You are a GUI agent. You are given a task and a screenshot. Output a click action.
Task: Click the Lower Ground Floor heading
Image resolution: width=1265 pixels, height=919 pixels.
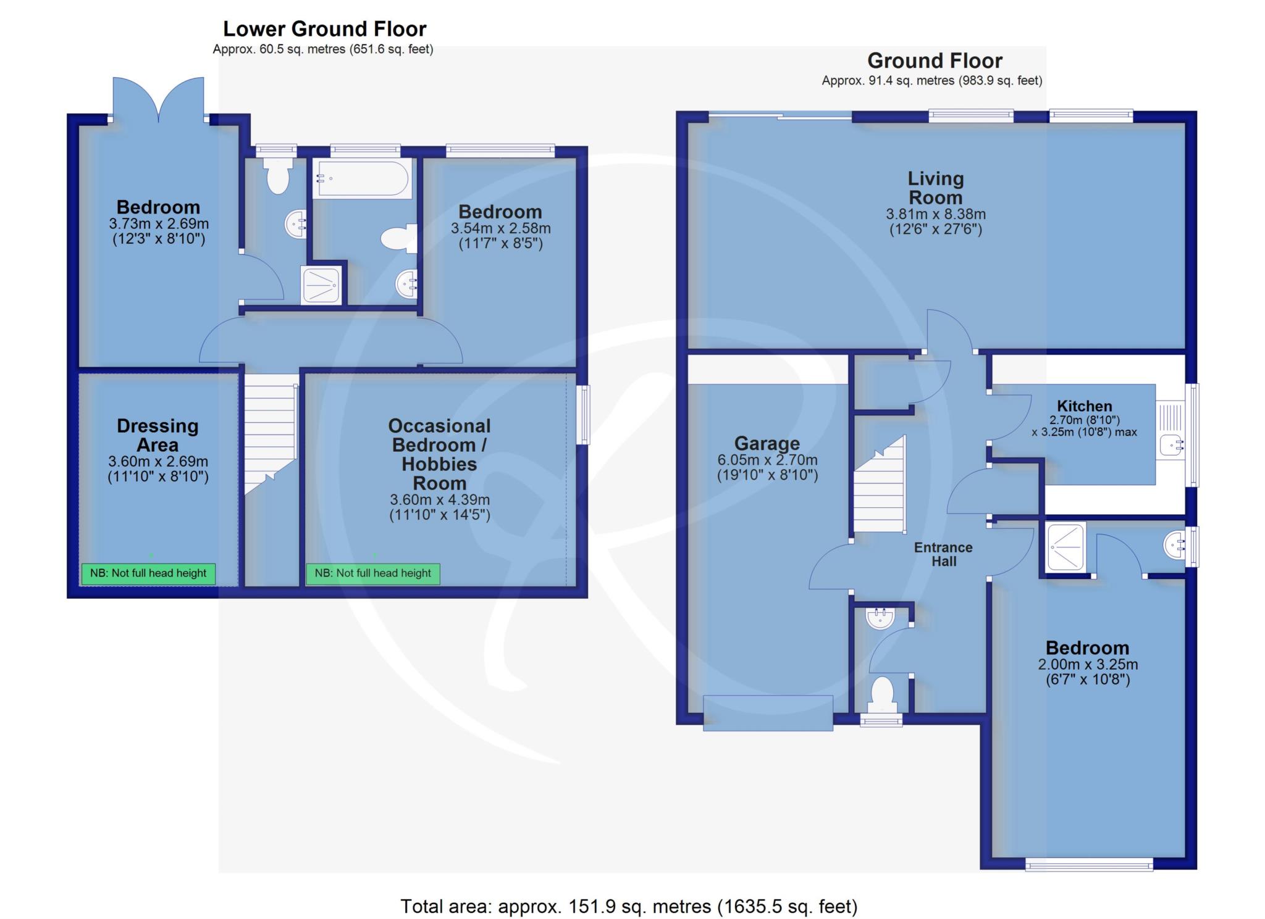[324, 29]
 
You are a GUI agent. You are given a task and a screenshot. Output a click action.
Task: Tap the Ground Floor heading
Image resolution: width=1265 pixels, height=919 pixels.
[935, 60]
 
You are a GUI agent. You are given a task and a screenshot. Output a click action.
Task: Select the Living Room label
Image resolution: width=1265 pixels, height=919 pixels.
[935, 188]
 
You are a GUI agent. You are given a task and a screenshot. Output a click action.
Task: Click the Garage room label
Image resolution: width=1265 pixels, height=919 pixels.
[767, 443]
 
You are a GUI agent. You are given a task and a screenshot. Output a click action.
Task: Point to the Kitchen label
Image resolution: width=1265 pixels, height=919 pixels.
[1084, 406]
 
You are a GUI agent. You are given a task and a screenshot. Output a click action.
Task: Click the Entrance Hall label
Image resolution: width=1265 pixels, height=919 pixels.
[943, 554]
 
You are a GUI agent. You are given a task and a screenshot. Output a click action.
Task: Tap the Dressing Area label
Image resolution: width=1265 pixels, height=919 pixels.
[158, 435]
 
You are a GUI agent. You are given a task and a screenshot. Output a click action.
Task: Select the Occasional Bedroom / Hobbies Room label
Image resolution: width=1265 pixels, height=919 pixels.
[439, 454]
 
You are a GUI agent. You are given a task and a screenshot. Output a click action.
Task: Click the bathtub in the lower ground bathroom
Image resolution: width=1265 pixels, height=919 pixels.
[362, 179]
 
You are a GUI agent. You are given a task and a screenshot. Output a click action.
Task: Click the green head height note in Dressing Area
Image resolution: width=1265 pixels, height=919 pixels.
[148, 573]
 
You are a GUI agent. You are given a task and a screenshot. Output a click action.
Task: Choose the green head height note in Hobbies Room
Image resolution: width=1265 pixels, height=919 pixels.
[373, 573]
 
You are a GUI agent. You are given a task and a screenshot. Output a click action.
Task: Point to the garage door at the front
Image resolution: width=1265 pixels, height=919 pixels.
[768, 713]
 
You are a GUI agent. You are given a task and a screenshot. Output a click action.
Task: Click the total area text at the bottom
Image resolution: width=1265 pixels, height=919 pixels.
[629, 906]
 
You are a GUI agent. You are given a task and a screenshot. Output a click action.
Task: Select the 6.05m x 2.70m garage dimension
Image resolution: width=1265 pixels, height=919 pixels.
[767, 460]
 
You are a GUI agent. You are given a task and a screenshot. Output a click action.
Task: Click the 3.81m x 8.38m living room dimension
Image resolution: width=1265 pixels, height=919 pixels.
[935, 214]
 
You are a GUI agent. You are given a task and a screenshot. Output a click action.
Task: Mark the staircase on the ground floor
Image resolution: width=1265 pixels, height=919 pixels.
[880, 484]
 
